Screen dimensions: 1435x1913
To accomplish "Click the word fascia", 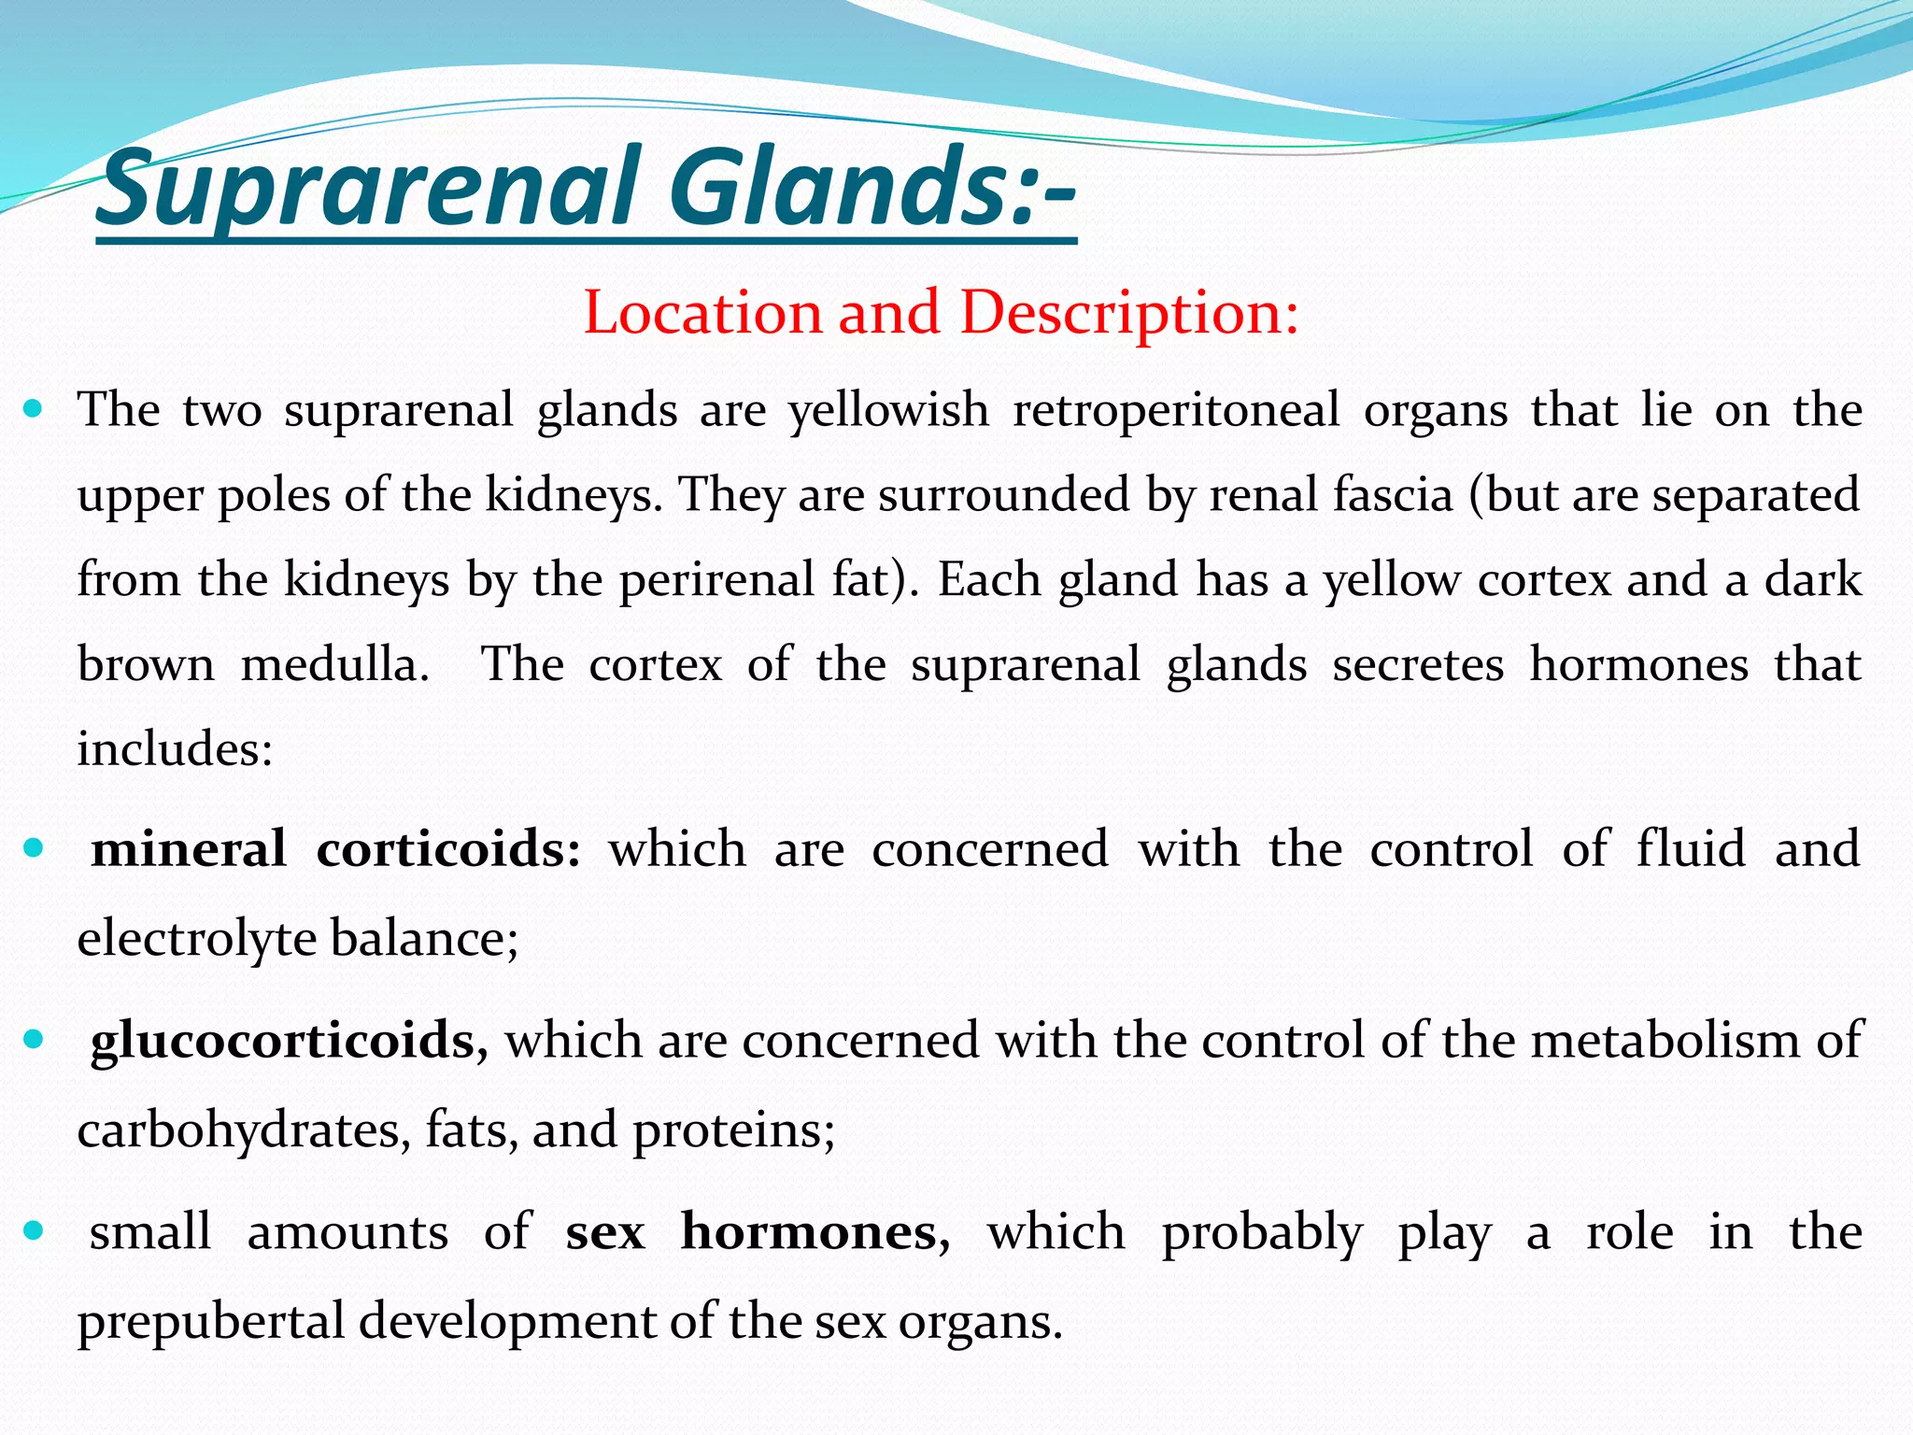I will click(1392, 495).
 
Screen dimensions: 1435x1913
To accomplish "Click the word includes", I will click(174, 749).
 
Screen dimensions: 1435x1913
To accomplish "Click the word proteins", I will click(733, 1130).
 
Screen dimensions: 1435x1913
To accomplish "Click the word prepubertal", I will click(211, 1322).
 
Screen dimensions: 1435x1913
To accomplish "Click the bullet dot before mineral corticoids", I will click(34, 848).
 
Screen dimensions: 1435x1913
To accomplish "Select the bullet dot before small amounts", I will click(34, 1231).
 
